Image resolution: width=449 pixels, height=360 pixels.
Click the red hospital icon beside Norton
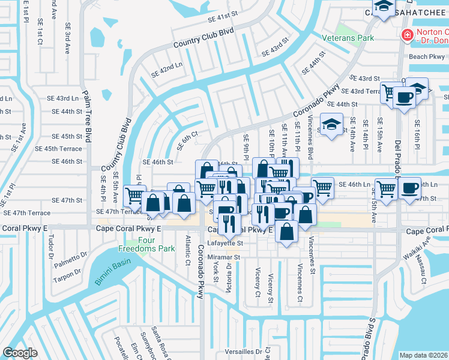tap(408, 36)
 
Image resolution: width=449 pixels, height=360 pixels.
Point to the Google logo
tap(20, 352)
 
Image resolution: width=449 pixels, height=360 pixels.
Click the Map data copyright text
tap(424, 355)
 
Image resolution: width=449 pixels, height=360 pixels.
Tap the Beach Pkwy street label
tap(427, 57)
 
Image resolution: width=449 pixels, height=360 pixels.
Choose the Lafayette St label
tap(225, 244)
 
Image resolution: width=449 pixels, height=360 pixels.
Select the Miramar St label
tap(223, 257)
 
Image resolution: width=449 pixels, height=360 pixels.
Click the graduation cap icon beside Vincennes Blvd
tap(331, 125)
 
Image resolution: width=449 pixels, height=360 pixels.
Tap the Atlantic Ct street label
tap(187, 246)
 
